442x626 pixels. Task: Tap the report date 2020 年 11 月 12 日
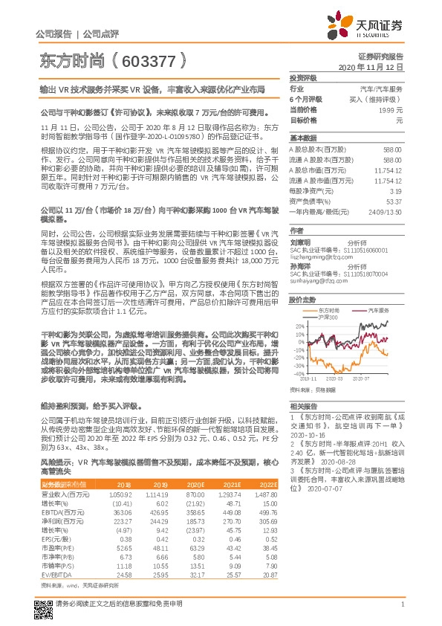(370, 67)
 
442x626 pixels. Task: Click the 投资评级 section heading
(303, 77)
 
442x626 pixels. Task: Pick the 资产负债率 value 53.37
(394, 201)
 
